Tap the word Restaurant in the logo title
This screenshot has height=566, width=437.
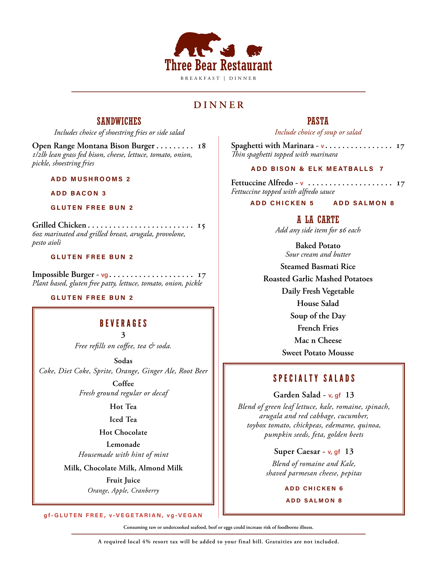click(x=246, y=65)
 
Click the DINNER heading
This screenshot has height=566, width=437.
click(x=219, y=105)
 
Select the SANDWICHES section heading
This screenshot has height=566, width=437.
click(x=119, y=121)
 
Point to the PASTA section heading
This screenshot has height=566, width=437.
click(x=318, y=121)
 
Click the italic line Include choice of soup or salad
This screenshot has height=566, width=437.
click(x=318, y=132)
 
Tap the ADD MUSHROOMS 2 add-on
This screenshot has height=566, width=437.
click(x=90, y=179)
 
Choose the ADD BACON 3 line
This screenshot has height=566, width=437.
click(x=78, y=193)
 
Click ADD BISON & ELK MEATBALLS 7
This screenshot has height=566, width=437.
click(x=317, y=169)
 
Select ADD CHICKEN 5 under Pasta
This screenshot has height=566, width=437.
click(x=282, y=203)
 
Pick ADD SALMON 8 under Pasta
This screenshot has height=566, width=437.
click(x=363, y=203)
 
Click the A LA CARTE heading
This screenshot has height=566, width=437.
click(x=318, y=220)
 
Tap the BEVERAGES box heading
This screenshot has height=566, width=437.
click(x=123, y=323)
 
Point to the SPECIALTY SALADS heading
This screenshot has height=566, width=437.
click(x=314, y=378)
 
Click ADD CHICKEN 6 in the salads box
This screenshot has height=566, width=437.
click(x=314, y=488)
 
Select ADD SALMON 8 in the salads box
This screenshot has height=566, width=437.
click(x=314, y=501)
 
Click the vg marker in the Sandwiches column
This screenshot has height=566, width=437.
click(x=104, y=275)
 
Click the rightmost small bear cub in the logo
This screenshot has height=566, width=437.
click(x=254, y=50)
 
